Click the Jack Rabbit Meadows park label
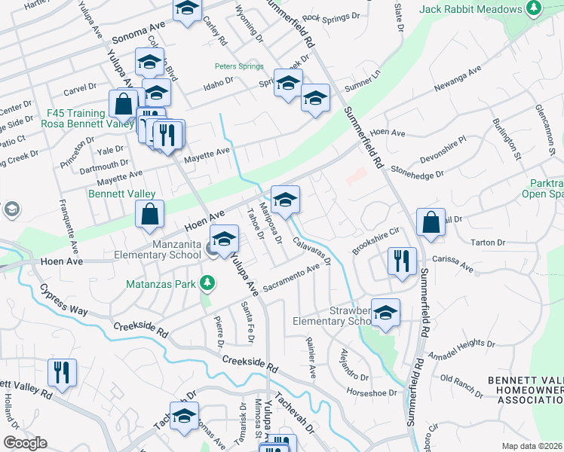pyautogui.click(x=471, y=9)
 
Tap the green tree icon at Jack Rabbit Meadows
pyautogui.click(x=534, y=9)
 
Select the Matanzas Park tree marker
pyautogui.click(x=206, y=284)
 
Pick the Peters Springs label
pyautogui.click(x=238, y=66)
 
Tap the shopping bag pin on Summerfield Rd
pyautogui.click(x=431, y=222)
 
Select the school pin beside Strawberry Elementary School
pyautogui.click(x=385, y=313)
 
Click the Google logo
pyautogui.click(x=25, y=442)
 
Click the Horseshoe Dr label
pyautogui.click(x=371, y=392)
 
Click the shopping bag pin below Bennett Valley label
pyautogui.click(x=150, y=213)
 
